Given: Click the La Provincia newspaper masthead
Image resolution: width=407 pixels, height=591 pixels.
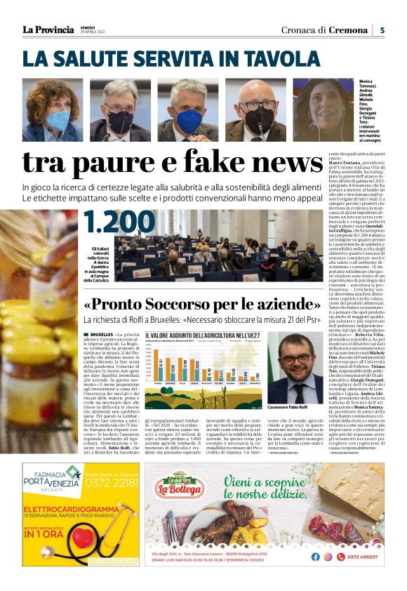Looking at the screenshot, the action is pyautogui.click(x=48, y=29).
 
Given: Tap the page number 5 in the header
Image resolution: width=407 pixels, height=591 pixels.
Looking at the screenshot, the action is pyautogui.click(x=382, y=30).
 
